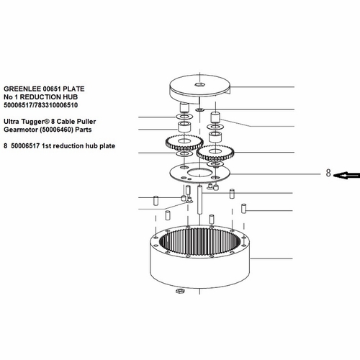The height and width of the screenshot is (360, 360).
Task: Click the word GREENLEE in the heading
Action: (22, 89)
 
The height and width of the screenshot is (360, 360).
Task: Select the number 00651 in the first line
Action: (52, 89)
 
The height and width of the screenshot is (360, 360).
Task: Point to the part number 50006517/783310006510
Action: (40, 105)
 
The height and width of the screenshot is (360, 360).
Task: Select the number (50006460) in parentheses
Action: (57, 130)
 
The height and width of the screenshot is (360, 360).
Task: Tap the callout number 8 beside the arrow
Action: (328, 173)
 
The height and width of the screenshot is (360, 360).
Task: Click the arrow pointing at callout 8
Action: (347, 176)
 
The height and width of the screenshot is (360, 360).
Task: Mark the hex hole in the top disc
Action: (199, 84)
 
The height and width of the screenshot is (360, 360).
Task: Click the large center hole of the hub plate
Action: (199, 173)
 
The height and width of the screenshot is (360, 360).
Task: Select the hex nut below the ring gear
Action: (179, 291)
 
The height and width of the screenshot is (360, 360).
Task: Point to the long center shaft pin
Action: (199, 199)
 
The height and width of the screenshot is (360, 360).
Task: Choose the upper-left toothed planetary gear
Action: (184, 143)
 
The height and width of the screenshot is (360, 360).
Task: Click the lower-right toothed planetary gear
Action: (215, 153)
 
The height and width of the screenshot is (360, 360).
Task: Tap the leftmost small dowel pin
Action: (156, 201)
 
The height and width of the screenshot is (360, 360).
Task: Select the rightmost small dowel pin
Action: (244, 208)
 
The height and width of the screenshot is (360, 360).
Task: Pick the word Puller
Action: (86, 122)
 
